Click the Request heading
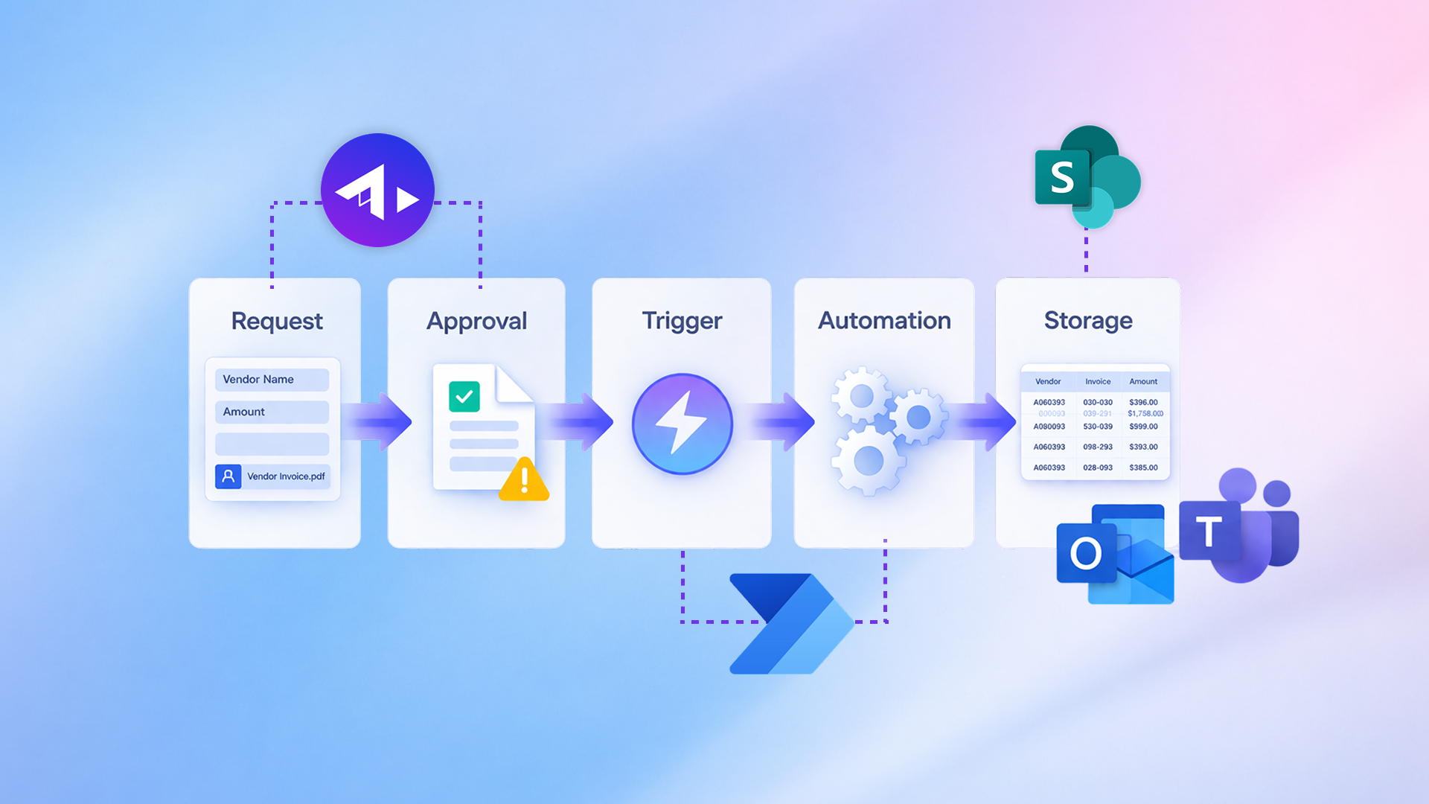point(277,321)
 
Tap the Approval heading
point(476,321)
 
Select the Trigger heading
point(682,321)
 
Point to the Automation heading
point(884,321)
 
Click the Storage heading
point(1088,321)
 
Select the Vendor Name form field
point(272,380)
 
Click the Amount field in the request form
point(272,412)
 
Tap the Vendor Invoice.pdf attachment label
point(286,476)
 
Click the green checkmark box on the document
point(464,397)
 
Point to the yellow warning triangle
point(524,480)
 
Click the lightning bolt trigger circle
point(682,424)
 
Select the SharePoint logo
point(1087,177)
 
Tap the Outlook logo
point(1114,555)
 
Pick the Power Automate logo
point(790,624)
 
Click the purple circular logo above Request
point(377,190)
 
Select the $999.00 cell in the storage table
point(1143,427)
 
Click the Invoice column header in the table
point(1098,382)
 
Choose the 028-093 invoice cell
point(1098,468)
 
